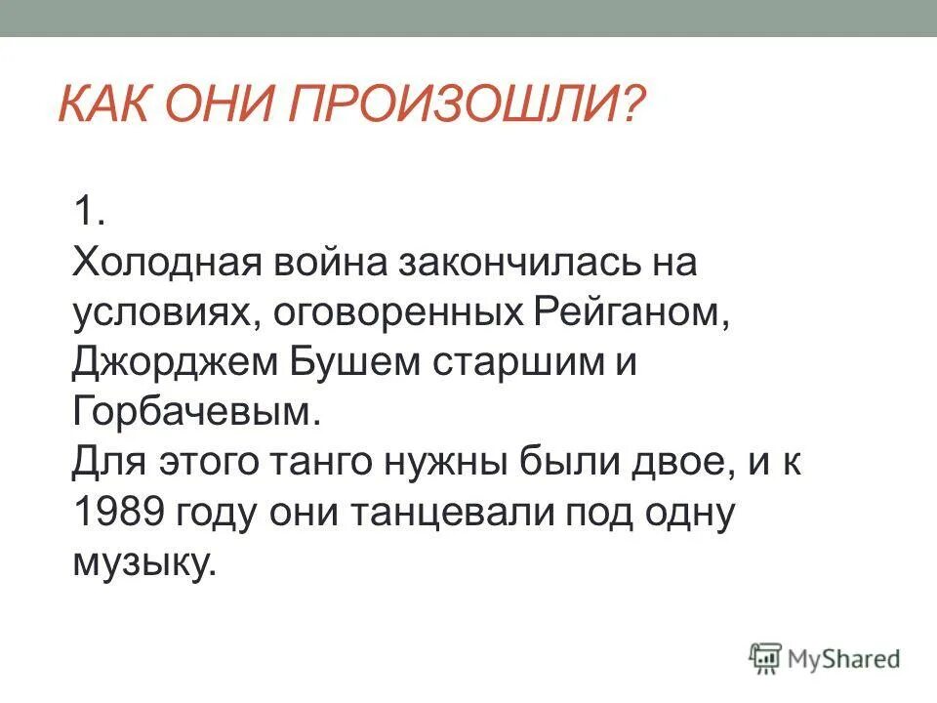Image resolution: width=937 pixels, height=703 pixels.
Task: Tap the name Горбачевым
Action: [x=195, y=414]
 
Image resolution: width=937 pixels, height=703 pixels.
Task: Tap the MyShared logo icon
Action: [x=766, y=658]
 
